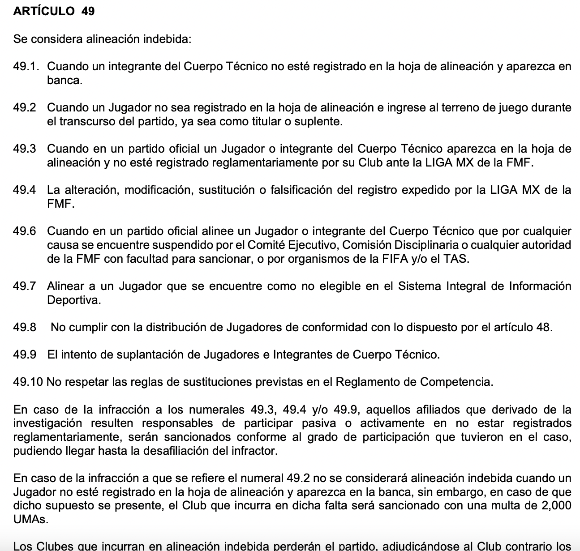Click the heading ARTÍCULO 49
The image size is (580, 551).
click(x=54, y=12)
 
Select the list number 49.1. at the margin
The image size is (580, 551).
click(x=26, y=67)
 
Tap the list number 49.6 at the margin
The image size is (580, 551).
click(x=25, y=231)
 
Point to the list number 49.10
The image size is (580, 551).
click(x=28, y=382)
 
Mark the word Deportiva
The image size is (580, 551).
click(x=74, y=300)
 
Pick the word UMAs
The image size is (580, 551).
click(x=30, y=520)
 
